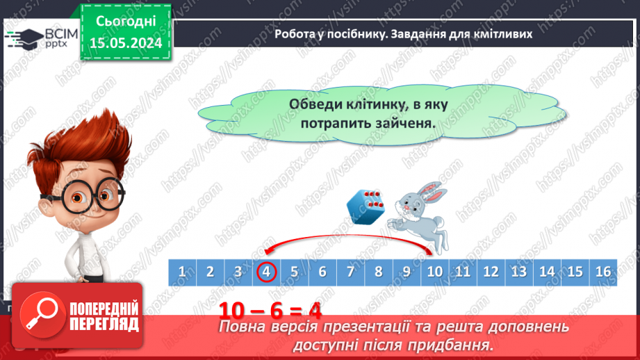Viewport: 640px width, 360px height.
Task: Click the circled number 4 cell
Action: point(266,272)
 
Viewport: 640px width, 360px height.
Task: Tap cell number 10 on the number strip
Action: point(434,272)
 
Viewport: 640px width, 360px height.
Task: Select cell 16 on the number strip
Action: point(602,272)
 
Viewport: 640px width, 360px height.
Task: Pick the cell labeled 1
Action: point(182,272)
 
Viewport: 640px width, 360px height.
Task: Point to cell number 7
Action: point(350,272)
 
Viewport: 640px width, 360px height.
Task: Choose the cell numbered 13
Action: point(518,272)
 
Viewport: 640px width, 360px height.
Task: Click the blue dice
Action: point(366,206)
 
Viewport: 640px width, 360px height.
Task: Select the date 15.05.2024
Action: point(125,42)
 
